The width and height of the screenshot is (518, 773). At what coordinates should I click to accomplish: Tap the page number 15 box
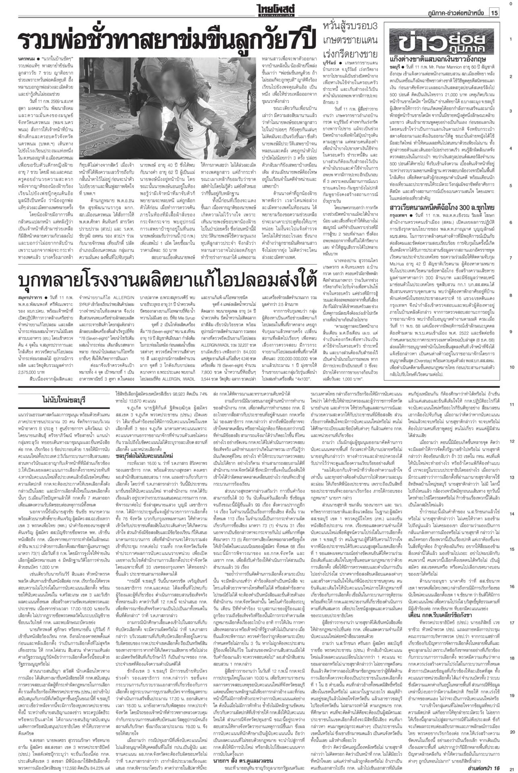494,13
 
